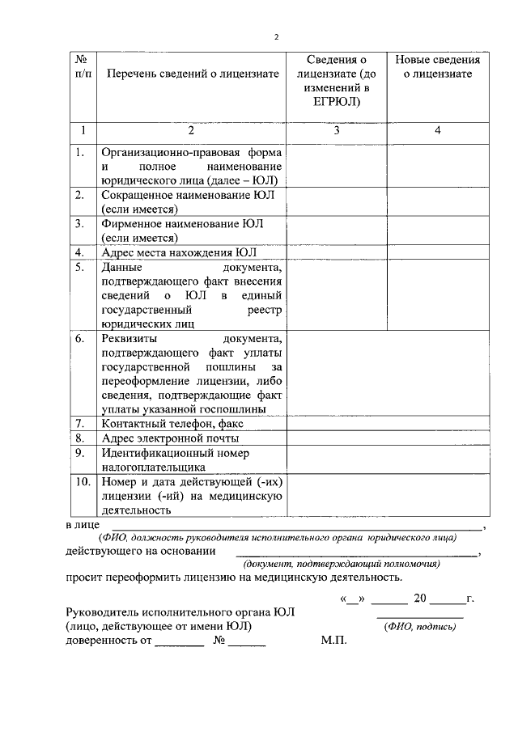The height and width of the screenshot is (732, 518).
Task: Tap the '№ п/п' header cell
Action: [x=83, y=66]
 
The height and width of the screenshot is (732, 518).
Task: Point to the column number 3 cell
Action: [x=336, y=130]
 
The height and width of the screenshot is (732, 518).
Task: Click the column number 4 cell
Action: [x=437, y=130]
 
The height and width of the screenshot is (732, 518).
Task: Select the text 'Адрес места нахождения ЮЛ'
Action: [x=177, y=252]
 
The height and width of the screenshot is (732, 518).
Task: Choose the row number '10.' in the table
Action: [x=83, y=482]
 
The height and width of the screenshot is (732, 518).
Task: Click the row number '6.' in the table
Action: [x=81, y=338]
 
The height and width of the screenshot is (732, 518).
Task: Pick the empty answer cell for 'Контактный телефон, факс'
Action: [x=387, y=423]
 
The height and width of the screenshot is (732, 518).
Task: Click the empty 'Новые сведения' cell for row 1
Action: [x=437, y=166]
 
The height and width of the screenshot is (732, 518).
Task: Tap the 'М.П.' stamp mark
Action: [x=333, y=641]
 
